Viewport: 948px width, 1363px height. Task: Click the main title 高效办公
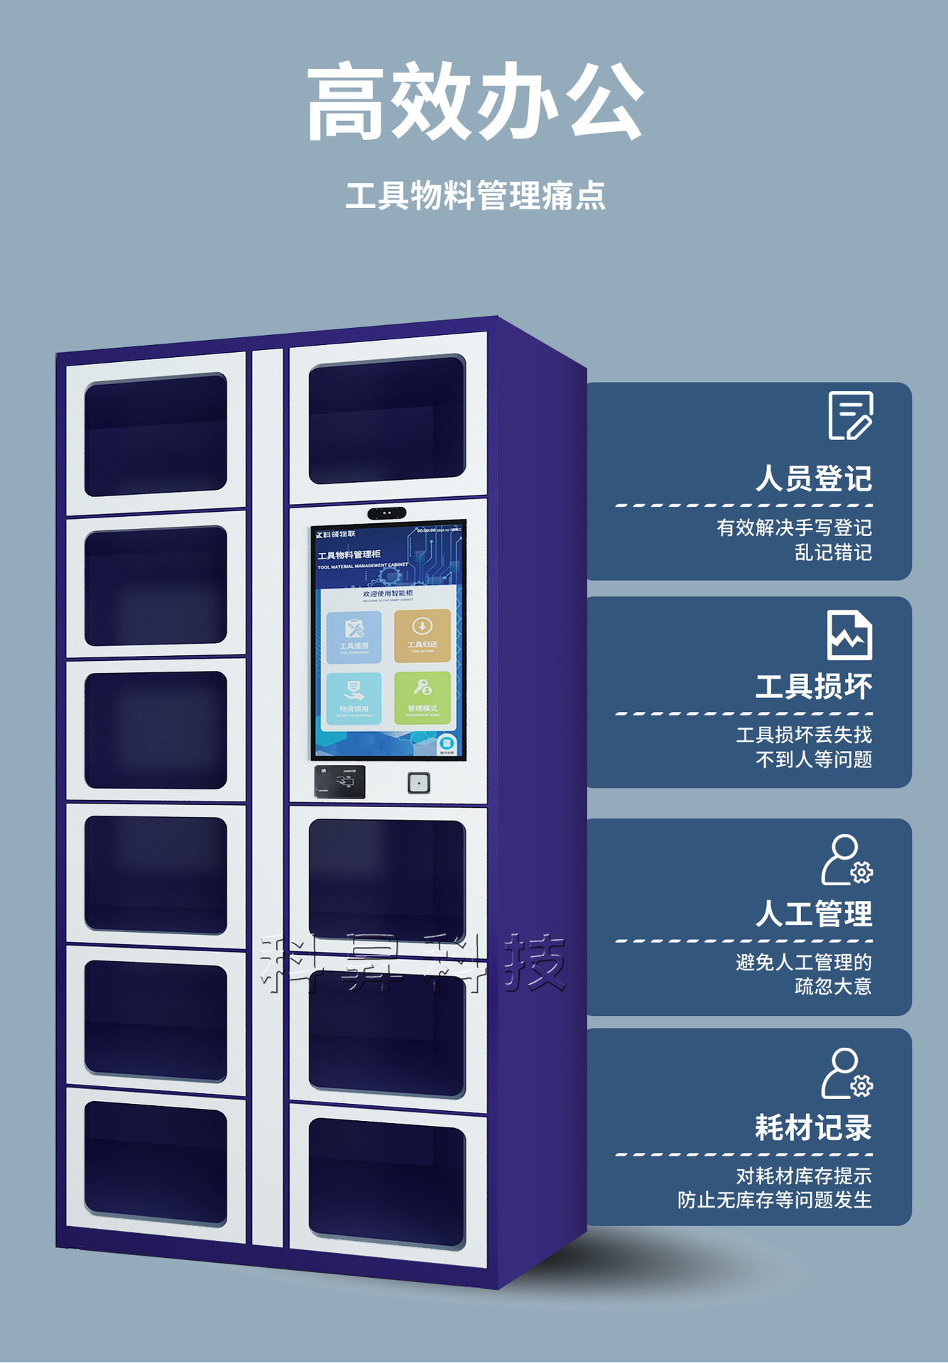click(475, 101)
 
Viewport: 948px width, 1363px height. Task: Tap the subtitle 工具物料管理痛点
click(475, 196)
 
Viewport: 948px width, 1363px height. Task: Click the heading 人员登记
click(813, 478)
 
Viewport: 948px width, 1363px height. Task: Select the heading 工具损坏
click(813, 686)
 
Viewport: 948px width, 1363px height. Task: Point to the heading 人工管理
click(813, 914)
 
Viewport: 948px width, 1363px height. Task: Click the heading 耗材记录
click(813, 1127)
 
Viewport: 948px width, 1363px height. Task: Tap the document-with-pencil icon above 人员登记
click(850, 416)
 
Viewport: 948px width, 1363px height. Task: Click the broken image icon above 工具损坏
click(849, 635)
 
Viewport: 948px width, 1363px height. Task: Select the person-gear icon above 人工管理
click(846, 860)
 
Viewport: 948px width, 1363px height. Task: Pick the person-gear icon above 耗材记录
click(846, 1073)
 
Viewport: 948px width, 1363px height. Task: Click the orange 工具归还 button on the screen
click(423, 635)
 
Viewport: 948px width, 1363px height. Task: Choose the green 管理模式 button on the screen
click(423, 698)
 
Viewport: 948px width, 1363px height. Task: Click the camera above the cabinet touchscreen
click(387, 513)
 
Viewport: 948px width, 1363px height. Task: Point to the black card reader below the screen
click(340, 782)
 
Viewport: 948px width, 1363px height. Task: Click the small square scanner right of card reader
click(419, 783)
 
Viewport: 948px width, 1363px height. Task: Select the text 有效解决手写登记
click(794, 527)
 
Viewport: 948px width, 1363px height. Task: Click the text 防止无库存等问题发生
click(774, 1200)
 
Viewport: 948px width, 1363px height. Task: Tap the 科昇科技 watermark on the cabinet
click(413, 963)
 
